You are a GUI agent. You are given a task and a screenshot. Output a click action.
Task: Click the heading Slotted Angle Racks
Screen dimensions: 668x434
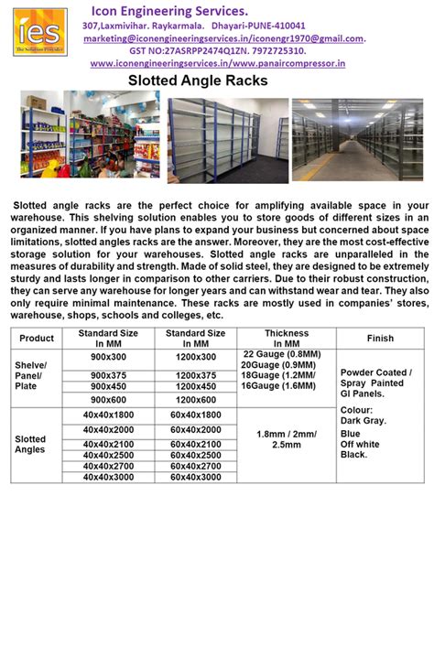coord(198,81)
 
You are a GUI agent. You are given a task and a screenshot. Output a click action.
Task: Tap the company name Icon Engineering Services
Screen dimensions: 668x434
coord(169,10)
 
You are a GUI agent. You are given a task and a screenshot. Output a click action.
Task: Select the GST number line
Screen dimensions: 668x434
coord(223,51)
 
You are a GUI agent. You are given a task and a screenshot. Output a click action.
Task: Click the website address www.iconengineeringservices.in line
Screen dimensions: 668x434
coord(219,64)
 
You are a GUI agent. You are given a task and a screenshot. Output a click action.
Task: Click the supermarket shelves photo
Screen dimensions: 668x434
coord(90,134)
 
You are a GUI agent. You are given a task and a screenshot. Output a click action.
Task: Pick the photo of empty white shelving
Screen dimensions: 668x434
coord(227,140)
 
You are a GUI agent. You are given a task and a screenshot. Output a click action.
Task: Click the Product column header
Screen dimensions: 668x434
coord(37,339)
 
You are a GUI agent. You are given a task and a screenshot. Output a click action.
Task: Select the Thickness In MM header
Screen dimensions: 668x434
coord(287,339)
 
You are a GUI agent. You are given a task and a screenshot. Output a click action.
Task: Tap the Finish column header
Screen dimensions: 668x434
coord(380,339)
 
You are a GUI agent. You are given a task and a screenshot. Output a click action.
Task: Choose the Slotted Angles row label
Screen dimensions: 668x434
coord(30,444)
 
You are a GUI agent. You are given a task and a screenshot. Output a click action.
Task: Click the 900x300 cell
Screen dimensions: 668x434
coord(108,357)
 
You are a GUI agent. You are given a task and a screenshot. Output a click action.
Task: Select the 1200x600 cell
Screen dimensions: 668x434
coord(196,400)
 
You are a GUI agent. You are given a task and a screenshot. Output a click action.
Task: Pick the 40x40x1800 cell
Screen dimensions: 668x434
coord(108,415)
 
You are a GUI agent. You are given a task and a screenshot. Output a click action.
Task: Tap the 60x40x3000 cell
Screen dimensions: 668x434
coord(196,477)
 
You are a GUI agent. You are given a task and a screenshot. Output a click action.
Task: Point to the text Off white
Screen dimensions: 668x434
coord(360,444)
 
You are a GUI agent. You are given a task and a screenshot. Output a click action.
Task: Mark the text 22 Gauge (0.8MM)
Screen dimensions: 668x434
coord(280,353)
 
